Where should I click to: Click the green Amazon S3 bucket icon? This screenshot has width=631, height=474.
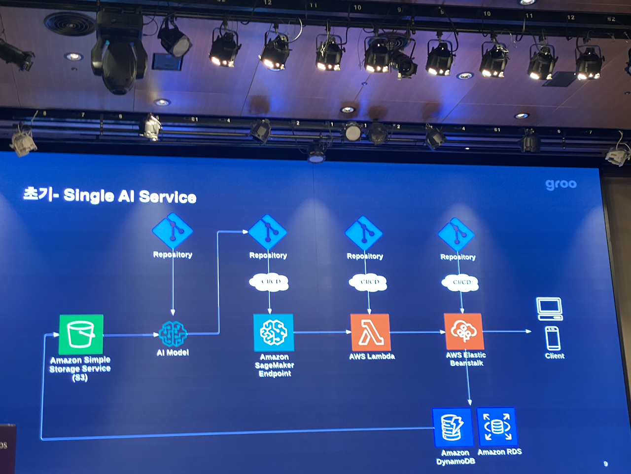click(x=81, y=334)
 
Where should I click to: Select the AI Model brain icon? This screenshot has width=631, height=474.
click(x=173, y=334)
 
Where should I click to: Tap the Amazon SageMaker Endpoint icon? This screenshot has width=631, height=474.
click(x=274, y=332)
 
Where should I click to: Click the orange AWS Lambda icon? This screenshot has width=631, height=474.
click(x=370, y=332)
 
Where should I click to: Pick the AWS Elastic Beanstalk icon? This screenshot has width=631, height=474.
click(x=464, y=331)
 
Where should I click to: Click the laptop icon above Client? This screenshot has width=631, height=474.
click(x=549, y=309)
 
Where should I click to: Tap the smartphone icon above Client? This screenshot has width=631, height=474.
click(x=553, y=338)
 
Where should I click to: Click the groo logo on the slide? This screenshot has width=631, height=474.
click(x=561, y=184)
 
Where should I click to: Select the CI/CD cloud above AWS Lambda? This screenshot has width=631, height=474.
click(x=369, y=282)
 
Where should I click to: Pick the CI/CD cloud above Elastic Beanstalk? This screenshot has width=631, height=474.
click(x=461, y=282)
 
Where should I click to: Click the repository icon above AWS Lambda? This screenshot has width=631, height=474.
click(x=364, y=233)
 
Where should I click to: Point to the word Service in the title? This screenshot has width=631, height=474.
click(x=168, y=197)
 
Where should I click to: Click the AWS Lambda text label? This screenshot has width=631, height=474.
click(x=372, y=356)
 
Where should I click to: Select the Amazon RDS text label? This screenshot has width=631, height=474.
click(x=499, y=452)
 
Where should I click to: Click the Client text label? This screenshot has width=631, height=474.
click(x=555, y=356)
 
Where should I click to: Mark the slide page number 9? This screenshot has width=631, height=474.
click(x=605, y=464)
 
